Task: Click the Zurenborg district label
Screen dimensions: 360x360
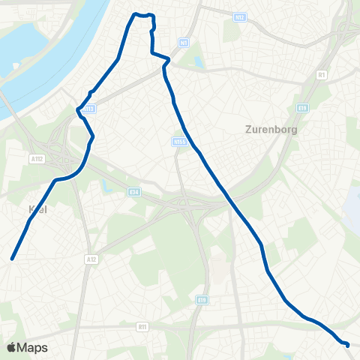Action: [271, 128]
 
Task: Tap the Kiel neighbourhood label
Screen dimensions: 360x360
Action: [36, 210]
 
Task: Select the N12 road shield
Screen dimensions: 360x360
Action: [239, 16]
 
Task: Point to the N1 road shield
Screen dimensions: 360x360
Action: [184, 42]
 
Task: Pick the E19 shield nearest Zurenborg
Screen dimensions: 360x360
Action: [302, 108]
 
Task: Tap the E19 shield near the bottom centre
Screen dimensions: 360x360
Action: [202, 301]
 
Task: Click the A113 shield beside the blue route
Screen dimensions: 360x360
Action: [89, 109]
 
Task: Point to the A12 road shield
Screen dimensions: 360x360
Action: [91, 259]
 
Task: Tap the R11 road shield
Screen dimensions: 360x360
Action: [142, 327]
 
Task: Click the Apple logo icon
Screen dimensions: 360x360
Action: [12, 348]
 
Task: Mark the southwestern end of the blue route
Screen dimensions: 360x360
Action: [12, 259]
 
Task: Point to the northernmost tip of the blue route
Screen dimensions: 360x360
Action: [136, 14]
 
